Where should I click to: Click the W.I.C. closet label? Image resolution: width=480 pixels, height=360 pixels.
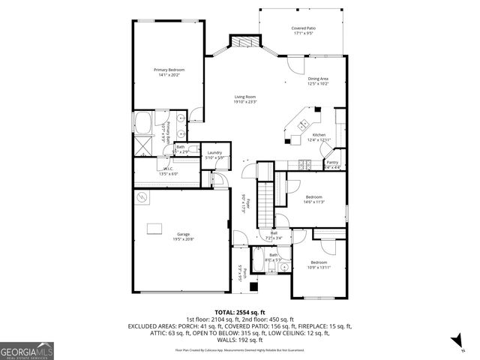pos(169,169)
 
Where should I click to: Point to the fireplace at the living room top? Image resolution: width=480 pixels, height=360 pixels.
pos(244,43)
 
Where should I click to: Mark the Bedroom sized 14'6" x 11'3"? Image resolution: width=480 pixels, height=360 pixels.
pos(313,198)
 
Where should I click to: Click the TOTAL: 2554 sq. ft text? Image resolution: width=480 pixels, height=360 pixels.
pos(240,311)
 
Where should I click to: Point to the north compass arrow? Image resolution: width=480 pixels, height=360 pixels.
pos(457,342)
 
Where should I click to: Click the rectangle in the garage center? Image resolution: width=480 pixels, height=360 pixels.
pos(156,228)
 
